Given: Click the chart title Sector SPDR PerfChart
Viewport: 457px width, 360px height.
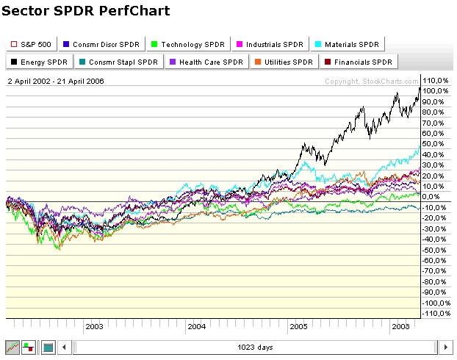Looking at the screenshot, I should pyautogui.click(x=87, y=11).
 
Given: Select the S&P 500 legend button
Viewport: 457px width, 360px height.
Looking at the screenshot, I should pyautogui.click(x=30, y=44).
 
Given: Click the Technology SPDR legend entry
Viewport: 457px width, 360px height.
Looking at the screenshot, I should pyautogui.click(x=188, y=44).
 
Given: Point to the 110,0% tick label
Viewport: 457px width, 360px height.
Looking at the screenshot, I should pyautogui.click(x=435, y=80).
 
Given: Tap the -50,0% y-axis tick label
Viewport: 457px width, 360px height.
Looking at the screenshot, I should pyautogui.click(x=435, y=250).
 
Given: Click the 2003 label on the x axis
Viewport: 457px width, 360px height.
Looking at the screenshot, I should pyautogui.click(x=94, y=325).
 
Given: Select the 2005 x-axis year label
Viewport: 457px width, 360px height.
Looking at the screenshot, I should pyautogui.click(x=298, y=325).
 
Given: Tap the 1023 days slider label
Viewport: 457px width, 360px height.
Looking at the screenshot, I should pyautogui.click(x=255, y=347).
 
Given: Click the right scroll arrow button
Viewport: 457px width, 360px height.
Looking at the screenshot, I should pyautogui.click(x=445, y=347).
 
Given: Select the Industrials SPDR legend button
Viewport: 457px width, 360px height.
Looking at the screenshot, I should pyautogui.click(x=270, y=44).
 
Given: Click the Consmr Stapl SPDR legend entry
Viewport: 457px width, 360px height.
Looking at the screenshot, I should pyautogui.click(x=123, y=62).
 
